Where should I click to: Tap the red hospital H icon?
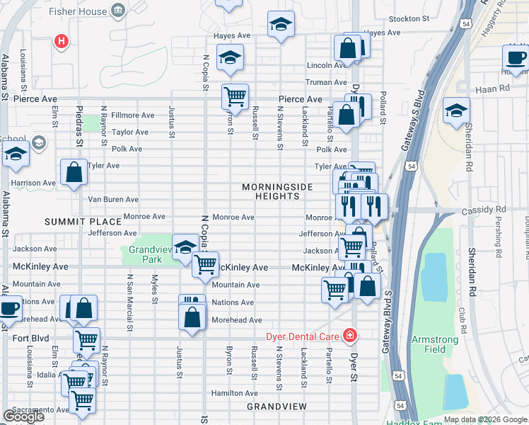point(62,42)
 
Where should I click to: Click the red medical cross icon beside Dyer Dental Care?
point(349,334)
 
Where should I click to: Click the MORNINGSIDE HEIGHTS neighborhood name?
point(277,192)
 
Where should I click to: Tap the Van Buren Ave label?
point(112,200)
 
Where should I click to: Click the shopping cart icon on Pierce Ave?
point(235,95)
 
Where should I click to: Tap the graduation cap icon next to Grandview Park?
point(185,246)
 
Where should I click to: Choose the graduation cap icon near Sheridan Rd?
point(456,110)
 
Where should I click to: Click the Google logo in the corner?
point(23,416)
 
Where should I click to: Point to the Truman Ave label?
point(325,82)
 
